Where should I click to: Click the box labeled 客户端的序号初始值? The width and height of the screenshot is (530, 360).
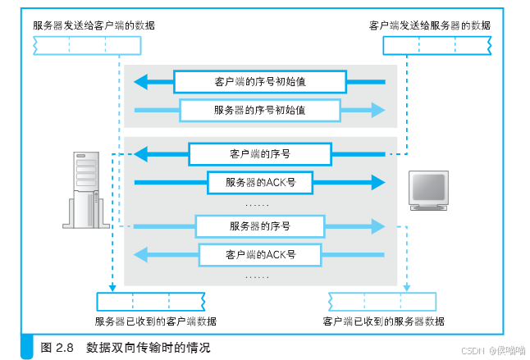pos(260,81)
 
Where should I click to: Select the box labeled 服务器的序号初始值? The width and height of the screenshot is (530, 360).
pos(260,109)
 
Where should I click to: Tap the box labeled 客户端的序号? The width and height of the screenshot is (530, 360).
pos(260,153)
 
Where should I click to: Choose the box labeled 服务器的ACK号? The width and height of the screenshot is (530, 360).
pos(260,181)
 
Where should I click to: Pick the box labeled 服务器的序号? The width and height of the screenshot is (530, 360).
pos(260,225)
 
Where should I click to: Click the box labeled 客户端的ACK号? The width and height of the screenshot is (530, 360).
pos(260,254)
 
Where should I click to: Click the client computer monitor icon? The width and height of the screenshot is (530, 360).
pos(428,191)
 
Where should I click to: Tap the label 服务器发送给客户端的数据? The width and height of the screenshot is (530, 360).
pos(94,25)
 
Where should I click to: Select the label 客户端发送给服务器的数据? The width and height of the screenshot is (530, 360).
pos(431,25)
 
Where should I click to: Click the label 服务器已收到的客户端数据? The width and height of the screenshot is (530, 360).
pos(156,321)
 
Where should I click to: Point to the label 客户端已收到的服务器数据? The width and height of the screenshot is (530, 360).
pos(385,321)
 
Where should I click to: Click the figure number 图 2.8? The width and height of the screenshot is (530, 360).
pos(57,348)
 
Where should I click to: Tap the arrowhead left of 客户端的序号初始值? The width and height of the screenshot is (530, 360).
pos(141,81)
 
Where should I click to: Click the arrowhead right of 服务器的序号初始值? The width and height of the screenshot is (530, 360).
pos(378,109)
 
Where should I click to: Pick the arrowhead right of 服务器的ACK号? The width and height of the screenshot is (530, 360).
pos(378,181)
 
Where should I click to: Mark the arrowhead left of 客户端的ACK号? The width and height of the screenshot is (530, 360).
pos(141,254)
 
